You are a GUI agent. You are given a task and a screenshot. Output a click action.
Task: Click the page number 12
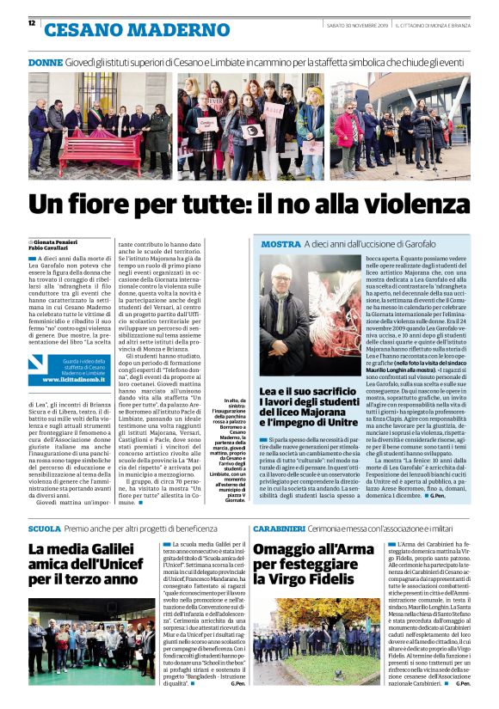coord(32,23)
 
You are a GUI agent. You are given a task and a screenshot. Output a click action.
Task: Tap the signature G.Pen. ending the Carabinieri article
coord(462,683)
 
